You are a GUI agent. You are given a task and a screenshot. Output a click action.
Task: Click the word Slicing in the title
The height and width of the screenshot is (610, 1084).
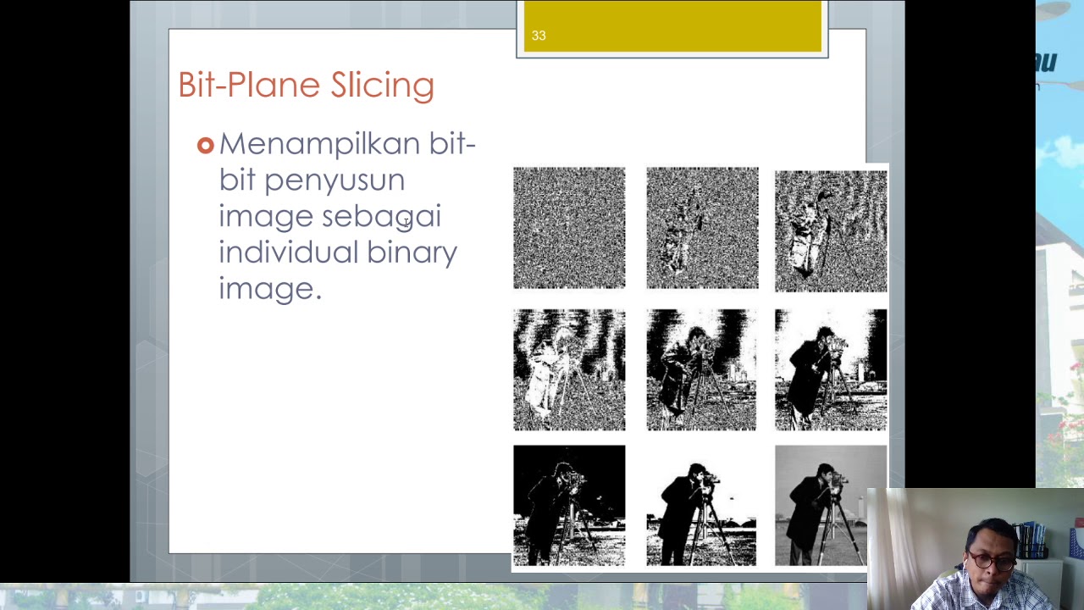point(382,86)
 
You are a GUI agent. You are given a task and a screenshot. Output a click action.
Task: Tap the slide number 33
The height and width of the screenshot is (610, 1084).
point(539,36)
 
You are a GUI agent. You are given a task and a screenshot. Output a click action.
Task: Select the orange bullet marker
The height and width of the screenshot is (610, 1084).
point(205,146)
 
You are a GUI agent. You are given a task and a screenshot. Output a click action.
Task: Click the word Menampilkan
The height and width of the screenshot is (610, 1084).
point(319,144)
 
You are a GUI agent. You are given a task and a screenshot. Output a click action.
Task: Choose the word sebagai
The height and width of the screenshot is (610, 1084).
point(381,216)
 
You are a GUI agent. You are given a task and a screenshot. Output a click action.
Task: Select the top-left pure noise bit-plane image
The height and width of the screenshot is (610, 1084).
point(569,228)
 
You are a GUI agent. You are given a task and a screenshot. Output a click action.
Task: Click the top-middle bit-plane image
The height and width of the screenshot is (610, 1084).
point(702,228)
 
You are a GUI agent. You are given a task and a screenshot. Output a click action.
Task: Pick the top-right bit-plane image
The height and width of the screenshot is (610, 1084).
point(831,230)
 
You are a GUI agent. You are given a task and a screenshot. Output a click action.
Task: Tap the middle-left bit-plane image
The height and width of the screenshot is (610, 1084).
point(569,369)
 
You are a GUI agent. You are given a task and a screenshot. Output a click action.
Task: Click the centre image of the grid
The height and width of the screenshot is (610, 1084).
point(701,369)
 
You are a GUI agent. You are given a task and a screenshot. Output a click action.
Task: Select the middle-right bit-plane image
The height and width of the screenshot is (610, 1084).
point(831,369)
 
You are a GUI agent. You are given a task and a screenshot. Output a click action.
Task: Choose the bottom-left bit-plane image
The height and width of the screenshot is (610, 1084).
point(569,505)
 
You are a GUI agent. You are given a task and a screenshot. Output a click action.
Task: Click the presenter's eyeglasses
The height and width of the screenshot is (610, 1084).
point(992,561)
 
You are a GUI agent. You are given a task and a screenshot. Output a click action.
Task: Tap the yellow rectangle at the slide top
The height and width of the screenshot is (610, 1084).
point(672,25)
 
